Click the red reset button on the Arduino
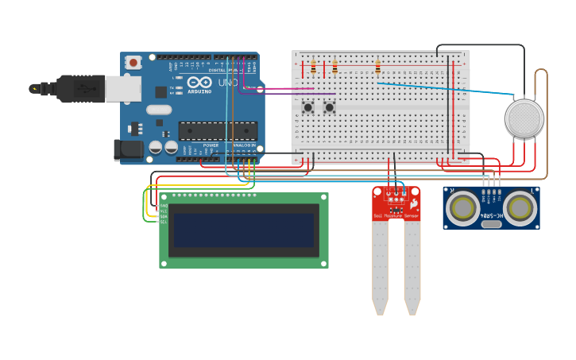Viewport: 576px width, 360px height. click(133, 61)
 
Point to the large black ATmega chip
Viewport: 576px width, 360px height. click(218, 131)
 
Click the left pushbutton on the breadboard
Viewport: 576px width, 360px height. click(307, 106)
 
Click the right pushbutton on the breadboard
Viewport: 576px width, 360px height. click(329, 106)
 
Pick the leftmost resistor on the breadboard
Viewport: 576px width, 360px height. click(313, 68)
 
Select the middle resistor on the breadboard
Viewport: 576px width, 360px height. click(334, 68)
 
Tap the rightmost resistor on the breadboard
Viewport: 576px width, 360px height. click(377, 68)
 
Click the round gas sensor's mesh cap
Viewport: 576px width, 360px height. click(524, 118)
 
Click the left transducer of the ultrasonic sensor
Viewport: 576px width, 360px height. click(462, 208)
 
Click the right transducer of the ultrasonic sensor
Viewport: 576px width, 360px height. click(520, 208)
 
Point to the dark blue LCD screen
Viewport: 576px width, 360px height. click(244, 230)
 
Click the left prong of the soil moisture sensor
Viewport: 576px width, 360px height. click(380, 266)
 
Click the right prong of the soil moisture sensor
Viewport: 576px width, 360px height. click(412, 266)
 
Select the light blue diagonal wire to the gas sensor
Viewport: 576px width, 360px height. click(445, 88)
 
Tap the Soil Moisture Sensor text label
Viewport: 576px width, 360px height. click(395, 215)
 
